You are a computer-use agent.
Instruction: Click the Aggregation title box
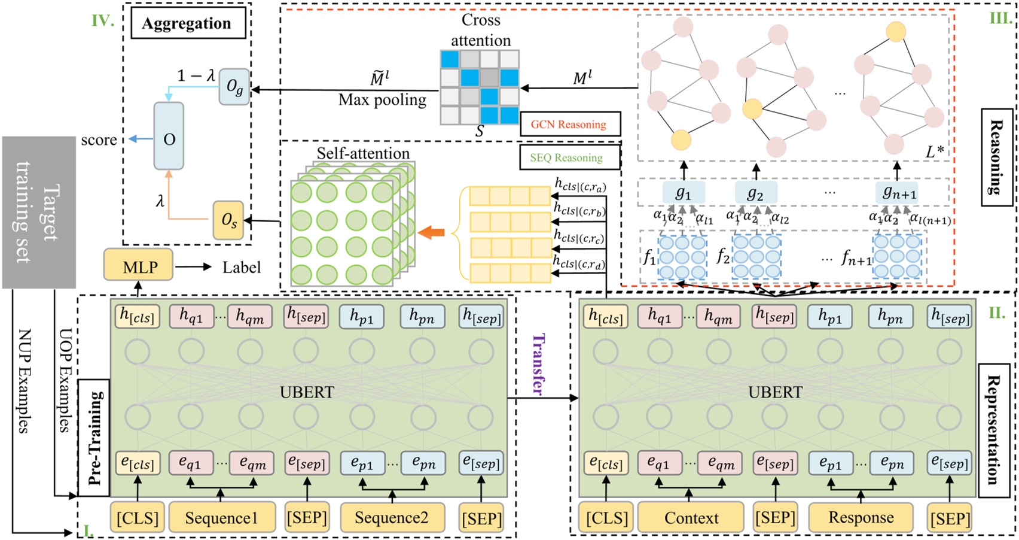186,23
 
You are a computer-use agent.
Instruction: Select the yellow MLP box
139,267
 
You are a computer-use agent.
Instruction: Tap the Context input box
691,518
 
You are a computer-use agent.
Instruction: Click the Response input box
861,518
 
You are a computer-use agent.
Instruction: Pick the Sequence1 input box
221,518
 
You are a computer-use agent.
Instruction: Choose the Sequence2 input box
392,518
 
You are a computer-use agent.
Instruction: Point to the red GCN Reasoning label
569,125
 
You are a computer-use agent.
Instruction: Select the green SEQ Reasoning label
566,158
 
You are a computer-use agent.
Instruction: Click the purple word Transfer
538,364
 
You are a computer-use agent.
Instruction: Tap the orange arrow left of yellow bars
431,233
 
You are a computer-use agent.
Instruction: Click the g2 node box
755,193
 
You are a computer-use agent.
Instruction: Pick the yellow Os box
228,220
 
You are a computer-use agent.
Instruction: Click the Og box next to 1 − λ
234,87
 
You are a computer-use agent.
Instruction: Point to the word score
99,140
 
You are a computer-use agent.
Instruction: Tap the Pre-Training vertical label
94,438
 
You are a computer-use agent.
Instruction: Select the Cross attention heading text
480,30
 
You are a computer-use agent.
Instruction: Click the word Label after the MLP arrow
242,267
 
